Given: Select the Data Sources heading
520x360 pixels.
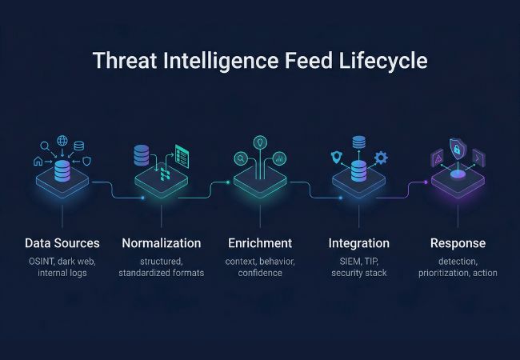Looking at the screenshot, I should coord(62,243).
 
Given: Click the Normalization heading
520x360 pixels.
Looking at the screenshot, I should coord(161,243).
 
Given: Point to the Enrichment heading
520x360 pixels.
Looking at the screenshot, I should coord(260,243).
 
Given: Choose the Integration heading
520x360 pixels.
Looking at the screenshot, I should coord(359,243).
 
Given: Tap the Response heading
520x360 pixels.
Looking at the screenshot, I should coord(458,243).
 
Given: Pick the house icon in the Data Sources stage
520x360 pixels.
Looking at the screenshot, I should coord(38,161).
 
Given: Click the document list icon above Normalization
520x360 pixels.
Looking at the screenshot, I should coord(185,155).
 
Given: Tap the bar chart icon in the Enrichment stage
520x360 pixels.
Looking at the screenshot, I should coord(279,158).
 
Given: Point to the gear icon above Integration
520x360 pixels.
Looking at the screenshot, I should coord(381,158).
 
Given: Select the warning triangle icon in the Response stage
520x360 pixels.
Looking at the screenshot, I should coord(438,160).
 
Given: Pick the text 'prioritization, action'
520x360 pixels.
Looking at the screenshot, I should coord(458,273).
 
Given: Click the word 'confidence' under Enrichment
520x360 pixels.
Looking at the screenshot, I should coord(260,273).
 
